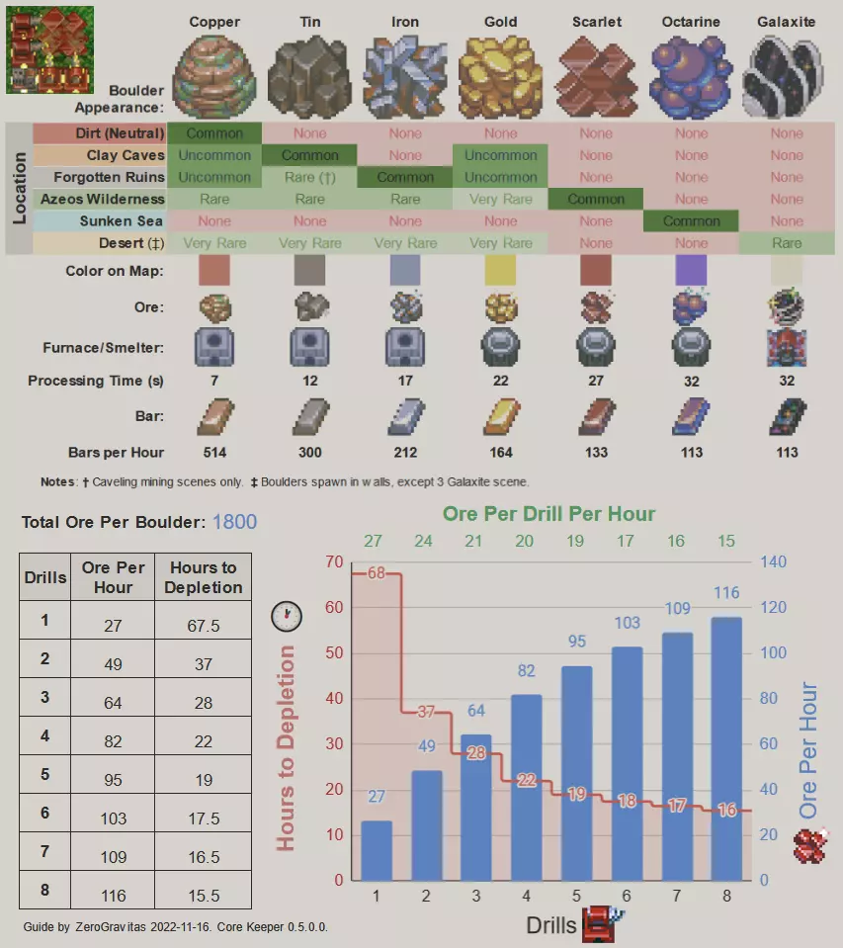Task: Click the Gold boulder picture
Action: click(500, 76)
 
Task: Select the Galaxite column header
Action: click(787, 22)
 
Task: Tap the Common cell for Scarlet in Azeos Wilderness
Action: click(596, 199)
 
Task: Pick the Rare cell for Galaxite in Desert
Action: click(787, 243)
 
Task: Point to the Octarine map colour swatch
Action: click(691, 270)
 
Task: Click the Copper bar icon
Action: click(214, 417)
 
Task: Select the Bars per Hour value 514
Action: click(214, 453)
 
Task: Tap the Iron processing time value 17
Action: click(405, 381)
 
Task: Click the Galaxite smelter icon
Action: click(787, 348)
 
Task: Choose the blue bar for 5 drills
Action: click(577, 773)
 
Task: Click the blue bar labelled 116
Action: click(726, 748)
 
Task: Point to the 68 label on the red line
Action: click(376, 572)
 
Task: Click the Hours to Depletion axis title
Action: click(286, 747)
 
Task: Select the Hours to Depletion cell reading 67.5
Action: click(203, 626)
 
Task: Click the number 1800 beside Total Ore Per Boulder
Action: click(234, 522)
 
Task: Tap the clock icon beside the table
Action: click(286, 616)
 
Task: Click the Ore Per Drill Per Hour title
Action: click(548, 513)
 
